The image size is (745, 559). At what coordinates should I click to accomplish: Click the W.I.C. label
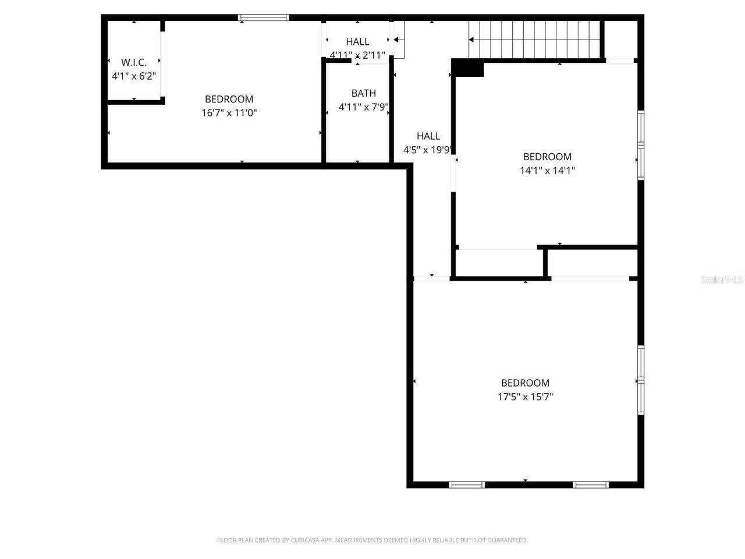click(134, 62)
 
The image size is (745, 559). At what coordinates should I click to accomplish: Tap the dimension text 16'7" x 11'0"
click(229, 113)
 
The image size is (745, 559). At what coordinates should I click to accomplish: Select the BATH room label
click(363, 93)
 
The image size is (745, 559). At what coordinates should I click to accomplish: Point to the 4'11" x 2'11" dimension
click(357, 55)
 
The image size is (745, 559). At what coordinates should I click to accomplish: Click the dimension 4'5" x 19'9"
click(428, 150)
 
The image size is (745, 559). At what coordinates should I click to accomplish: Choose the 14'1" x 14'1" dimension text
click(547, 171)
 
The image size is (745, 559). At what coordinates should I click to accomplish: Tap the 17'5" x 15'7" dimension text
click(525, 397)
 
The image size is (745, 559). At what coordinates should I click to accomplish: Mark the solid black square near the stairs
click(467, 68)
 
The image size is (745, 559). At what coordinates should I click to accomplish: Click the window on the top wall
click(264, 18)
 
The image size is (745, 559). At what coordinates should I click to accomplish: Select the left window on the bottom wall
click(467, 484)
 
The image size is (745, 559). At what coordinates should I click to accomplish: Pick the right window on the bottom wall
click(591, 484)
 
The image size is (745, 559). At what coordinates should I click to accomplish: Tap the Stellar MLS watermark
click(722, 279)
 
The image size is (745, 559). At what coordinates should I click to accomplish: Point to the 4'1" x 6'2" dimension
click(134, 76)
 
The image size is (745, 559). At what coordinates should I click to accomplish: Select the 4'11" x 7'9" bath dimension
click(363, 107)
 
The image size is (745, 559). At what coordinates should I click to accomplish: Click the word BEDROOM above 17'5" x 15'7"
click(525, 383)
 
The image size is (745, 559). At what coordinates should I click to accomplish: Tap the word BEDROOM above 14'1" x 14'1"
click(547, 157)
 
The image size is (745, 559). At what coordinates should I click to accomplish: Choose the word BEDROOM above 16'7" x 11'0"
click(229, 99)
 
